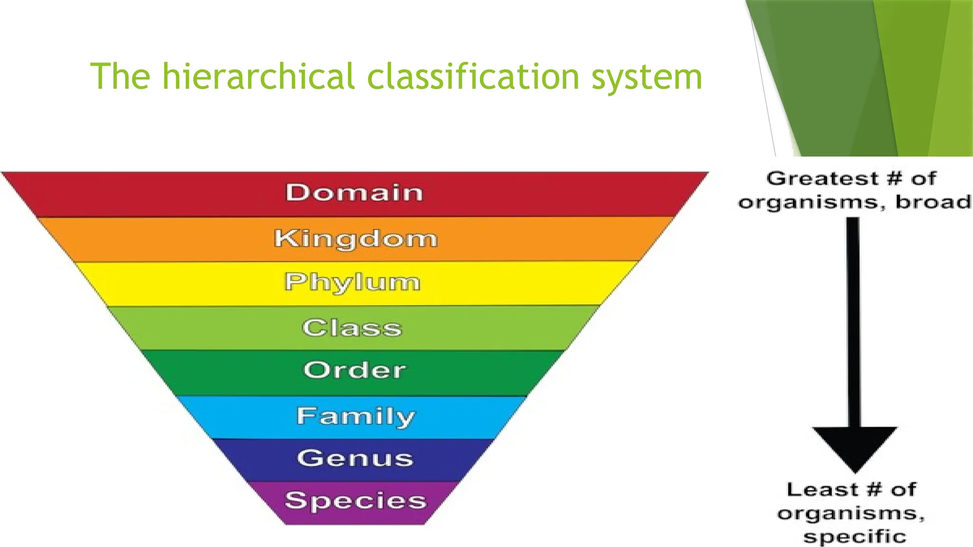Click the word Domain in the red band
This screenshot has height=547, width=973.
(354, 193)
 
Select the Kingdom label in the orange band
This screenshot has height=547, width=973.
(355, 238)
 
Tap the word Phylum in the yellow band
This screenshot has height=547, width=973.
(353, 283)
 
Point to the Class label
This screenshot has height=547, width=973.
(352, 328)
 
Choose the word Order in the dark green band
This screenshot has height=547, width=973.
(354, 370)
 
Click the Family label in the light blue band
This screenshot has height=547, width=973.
(356, 416)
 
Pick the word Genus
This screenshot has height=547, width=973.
(355, 458)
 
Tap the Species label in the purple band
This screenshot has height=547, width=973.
(355, 500)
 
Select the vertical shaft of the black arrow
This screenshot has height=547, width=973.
(854, 323)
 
